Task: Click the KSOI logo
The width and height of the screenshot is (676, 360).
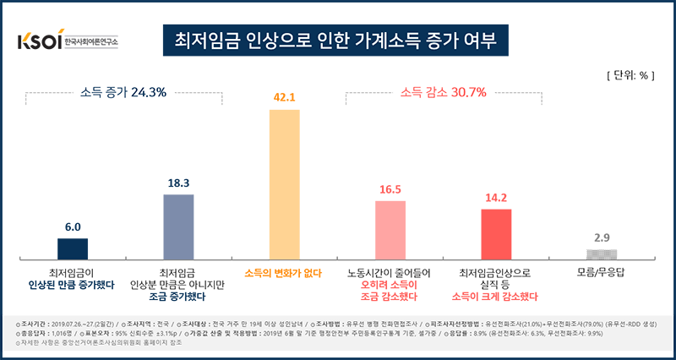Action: click(66, 41)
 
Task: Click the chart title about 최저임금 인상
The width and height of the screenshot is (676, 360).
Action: click(338, 39)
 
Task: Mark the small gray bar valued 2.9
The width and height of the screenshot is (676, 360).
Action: click(602, 254)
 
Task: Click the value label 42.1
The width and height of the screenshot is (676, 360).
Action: click(284, 97)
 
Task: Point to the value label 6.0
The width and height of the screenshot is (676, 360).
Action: click(73, 227)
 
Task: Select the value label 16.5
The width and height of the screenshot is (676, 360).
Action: click(390, 189)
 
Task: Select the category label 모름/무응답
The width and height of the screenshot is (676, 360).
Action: click(602, 272)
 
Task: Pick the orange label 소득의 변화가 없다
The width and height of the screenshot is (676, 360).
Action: click(284, 273)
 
